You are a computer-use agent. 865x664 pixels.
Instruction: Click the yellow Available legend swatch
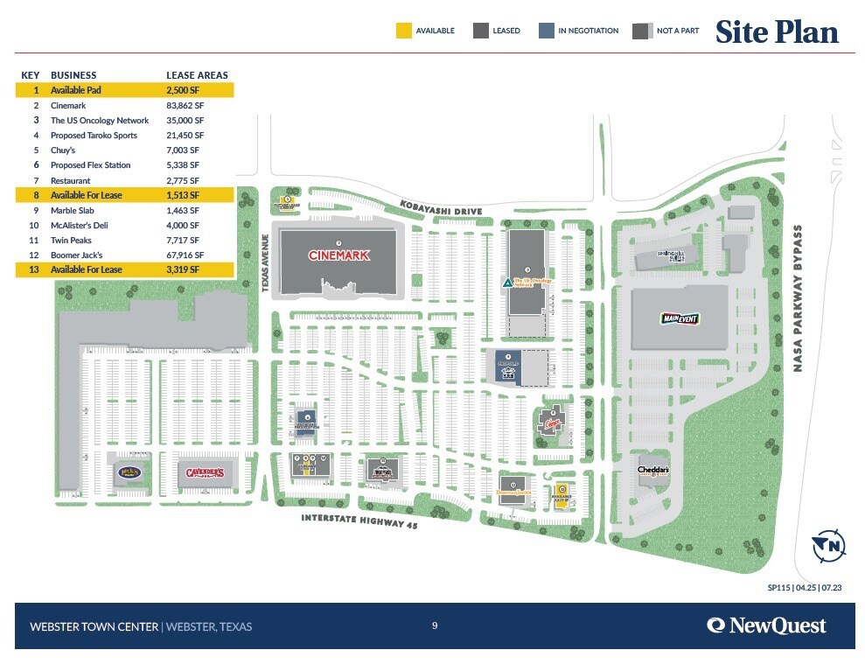[403, 31]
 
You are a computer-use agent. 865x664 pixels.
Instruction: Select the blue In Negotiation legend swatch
[546, 31]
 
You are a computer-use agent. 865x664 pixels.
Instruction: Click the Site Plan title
[777, 32]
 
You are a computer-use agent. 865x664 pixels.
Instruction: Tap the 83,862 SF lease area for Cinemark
[185, 105]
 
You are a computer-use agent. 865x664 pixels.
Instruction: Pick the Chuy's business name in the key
[63, 150]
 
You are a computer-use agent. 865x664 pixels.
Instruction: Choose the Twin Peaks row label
[71, 240]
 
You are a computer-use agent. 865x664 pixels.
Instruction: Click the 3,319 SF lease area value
[183, 269]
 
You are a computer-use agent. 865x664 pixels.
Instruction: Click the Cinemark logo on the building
[339, 255]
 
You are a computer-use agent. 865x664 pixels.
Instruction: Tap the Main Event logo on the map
[680, 318]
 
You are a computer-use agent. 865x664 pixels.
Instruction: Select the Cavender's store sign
[206, 473]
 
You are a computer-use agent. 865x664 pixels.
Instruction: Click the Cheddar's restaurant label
[653, 471]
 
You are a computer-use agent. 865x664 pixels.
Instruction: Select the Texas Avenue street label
[264, 262]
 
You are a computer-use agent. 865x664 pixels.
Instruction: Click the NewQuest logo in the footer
[766, 626]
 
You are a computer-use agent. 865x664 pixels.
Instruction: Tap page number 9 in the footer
[435, 626]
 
